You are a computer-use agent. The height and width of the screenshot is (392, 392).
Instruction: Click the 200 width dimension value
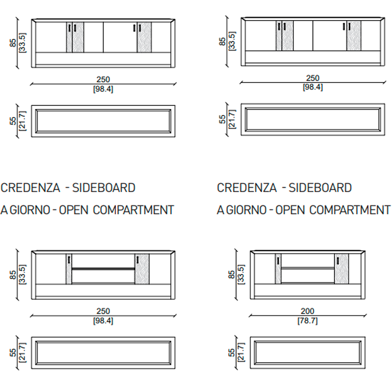(x=307, y=311)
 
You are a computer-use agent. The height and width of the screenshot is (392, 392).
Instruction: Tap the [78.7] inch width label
(x=307, y=321)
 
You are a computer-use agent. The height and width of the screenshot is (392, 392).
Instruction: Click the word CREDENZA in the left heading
(x=30, y=188)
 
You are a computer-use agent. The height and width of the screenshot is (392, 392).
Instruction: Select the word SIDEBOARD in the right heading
(x=320, y=188)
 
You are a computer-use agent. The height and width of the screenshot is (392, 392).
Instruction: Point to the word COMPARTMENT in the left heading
(x=133, y=210)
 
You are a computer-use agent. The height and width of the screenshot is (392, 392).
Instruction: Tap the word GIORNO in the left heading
(x=30, y=210)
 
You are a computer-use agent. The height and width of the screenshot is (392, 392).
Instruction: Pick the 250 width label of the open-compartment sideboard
(x=103, y=311)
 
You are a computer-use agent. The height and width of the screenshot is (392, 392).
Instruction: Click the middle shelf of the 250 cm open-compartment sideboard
(x=103, y=269)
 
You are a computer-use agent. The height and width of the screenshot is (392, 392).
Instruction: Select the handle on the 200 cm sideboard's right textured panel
(x=338, y=261)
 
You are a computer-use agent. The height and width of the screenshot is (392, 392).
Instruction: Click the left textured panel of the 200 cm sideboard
(x=278, y=269)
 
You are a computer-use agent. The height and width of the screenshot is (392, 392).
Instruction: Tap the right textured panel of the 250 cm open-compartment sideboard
(x=142, y=269)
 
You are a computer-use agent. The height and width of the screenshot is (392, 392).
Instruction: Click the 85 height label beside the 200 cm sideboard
(x=232, y=274)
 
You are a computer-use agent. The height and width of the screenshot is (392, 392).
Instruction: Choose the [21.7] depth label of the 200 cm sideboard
(x=241, y=352)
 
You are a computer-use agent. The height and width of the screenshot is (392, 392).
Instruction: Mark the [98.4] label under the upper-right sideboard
(x=313, y=87)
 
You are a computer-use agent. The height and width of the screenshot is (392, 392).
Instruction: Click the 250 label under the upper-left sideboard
(x=103, y=80)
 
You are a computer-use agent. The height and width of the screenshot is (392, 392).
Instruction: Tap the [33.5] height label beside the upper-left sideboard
(x=22, y=42)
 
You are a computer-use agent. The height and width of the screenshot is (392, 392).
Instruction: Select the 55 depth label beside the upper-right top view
(x=222, y=119)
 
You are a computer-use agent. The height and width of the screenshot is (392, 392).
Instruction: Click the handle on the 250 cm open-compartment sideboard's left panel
(x=69, y=260)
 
